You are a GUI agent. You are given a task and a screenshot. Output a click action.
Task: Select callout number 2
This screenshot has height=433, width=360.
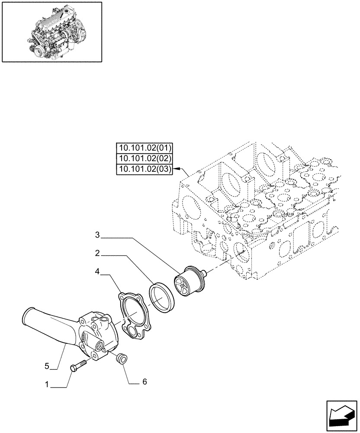point(98,253)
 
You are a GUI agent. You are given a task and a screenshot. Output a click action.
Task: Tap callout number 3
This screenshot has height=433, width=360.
point(97,235)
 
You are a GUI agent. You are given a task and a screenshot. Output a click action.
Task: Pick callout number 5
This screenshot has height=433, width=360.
point(47,366)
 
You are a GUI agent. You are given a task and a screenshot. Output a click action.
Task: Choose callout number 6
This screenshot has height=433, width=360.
point(145,381)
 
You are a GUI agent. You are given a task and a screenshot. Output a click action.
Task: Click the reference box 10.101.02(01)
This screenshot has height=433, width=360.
point(144,147)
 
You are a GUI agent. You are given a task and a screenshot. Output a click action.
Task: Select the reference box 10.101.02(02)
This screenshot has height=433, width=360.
point(144,158)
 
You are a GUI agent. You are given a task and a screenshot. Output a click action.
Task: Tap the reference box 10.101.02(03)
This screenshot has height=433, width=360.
point(144,169)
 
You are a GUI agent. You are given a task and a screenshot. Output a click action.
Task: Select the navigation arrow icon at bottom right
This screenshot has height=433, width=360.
point(340,416)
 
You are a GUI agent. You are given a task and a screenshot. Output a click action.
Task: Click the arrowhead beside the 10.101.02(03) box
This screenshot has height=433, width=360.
point(177,169)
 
